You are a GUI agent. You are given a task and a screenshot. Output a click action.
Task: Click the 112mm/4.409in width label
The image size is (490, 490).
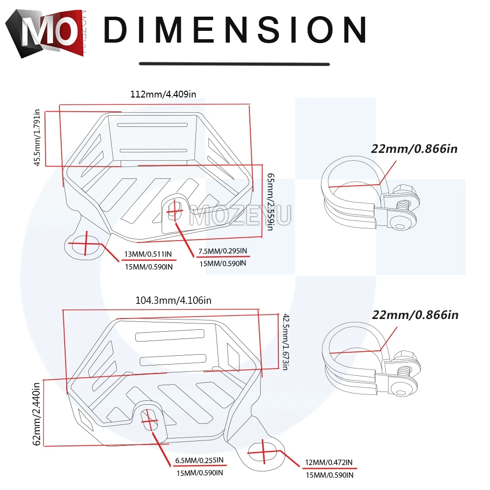tap(163, 94)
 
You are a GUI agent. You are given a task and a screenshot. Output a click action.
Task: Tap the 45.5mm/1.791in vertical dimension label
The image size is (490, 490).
tap(37, 138)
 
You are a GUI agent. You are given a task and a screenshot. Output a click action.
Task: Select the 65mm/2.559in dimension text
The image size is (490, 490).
tap(270, 202)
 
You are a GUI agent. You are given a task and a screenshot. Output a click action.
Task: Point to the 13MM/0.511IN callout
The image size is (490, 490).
tap(148, 254)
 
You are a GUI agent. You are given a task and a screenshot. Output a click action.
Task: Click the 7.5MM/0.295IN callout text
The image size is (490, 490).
tap(222, 251)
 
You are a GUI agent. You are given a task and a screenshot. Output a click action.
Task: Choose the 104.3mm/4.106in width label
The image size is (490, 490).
tap(173, 300)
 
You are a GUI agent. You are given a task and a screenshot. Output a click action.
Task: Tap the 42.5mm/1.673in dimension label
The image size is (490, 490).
tap(286, 342)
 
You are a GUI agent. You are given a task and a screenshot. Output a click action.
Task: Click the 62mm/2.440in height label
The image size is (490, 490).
tap(37, 414)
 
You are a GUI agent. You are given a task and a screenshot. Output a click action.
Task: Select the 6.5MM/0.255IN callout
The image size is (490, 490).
tap(199, 460)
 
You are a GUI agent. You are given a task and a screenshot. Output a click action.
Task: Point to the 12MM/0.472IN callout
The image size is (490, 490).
tap(329, 463)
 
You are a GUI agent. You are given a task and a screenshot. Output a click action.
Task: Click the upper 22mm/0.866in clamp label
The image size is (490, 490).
tap(415, 149)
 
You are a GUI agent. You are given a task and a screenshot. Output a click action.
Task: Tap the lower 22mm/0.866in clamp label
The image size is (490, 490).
tap(416, 315)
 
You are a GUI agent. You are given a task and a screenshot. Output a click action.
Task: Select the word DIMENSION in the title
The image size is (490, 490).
tap(235, 29)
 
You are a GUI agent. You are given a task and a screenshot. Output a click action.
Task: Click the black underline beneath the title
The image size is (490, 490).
tap(234, 64)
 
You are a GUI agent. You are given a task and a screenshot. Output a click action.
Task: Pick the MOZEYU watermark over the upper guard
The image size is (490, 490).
tap(241, 215)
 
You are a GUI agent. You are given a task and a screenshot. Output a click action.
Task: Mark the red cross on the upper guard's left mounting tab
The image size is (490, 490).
tap(85, 244)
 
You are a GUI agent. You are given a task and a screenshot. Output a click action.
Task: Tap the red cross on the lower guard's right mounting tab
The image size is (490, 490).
tap(264, 452)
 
